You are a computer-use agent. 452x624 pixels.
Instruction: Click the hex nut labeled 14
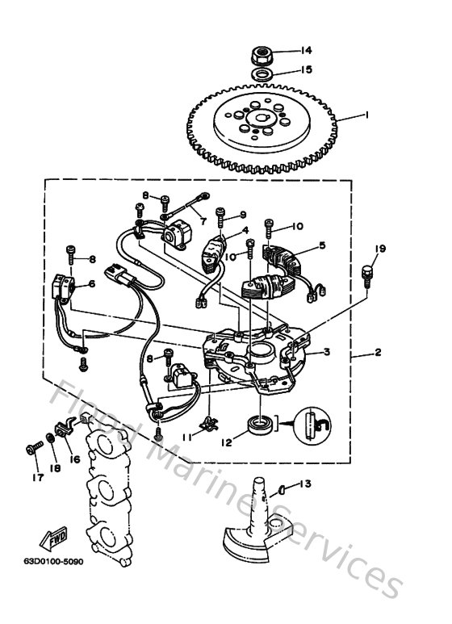pos(262,57)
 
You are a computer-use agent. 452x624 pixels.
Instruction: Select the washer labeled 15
pos(262,74)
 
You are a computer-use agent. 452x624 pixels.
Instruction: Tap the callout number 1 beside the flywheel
pos(366,115)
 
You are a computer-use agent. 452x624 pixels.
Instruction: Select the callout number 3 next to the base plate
pos(327,351)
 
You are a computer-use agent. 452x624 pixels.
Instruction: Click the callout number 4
pos(245,230)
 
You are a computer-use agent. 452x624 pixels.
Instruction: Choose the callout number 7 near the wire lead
pos(203,220)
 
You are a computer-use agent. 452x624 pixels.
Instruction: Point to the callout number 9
pos(243,216)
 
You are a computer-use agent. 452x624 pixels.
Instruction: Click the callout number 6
pos(91,283)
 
